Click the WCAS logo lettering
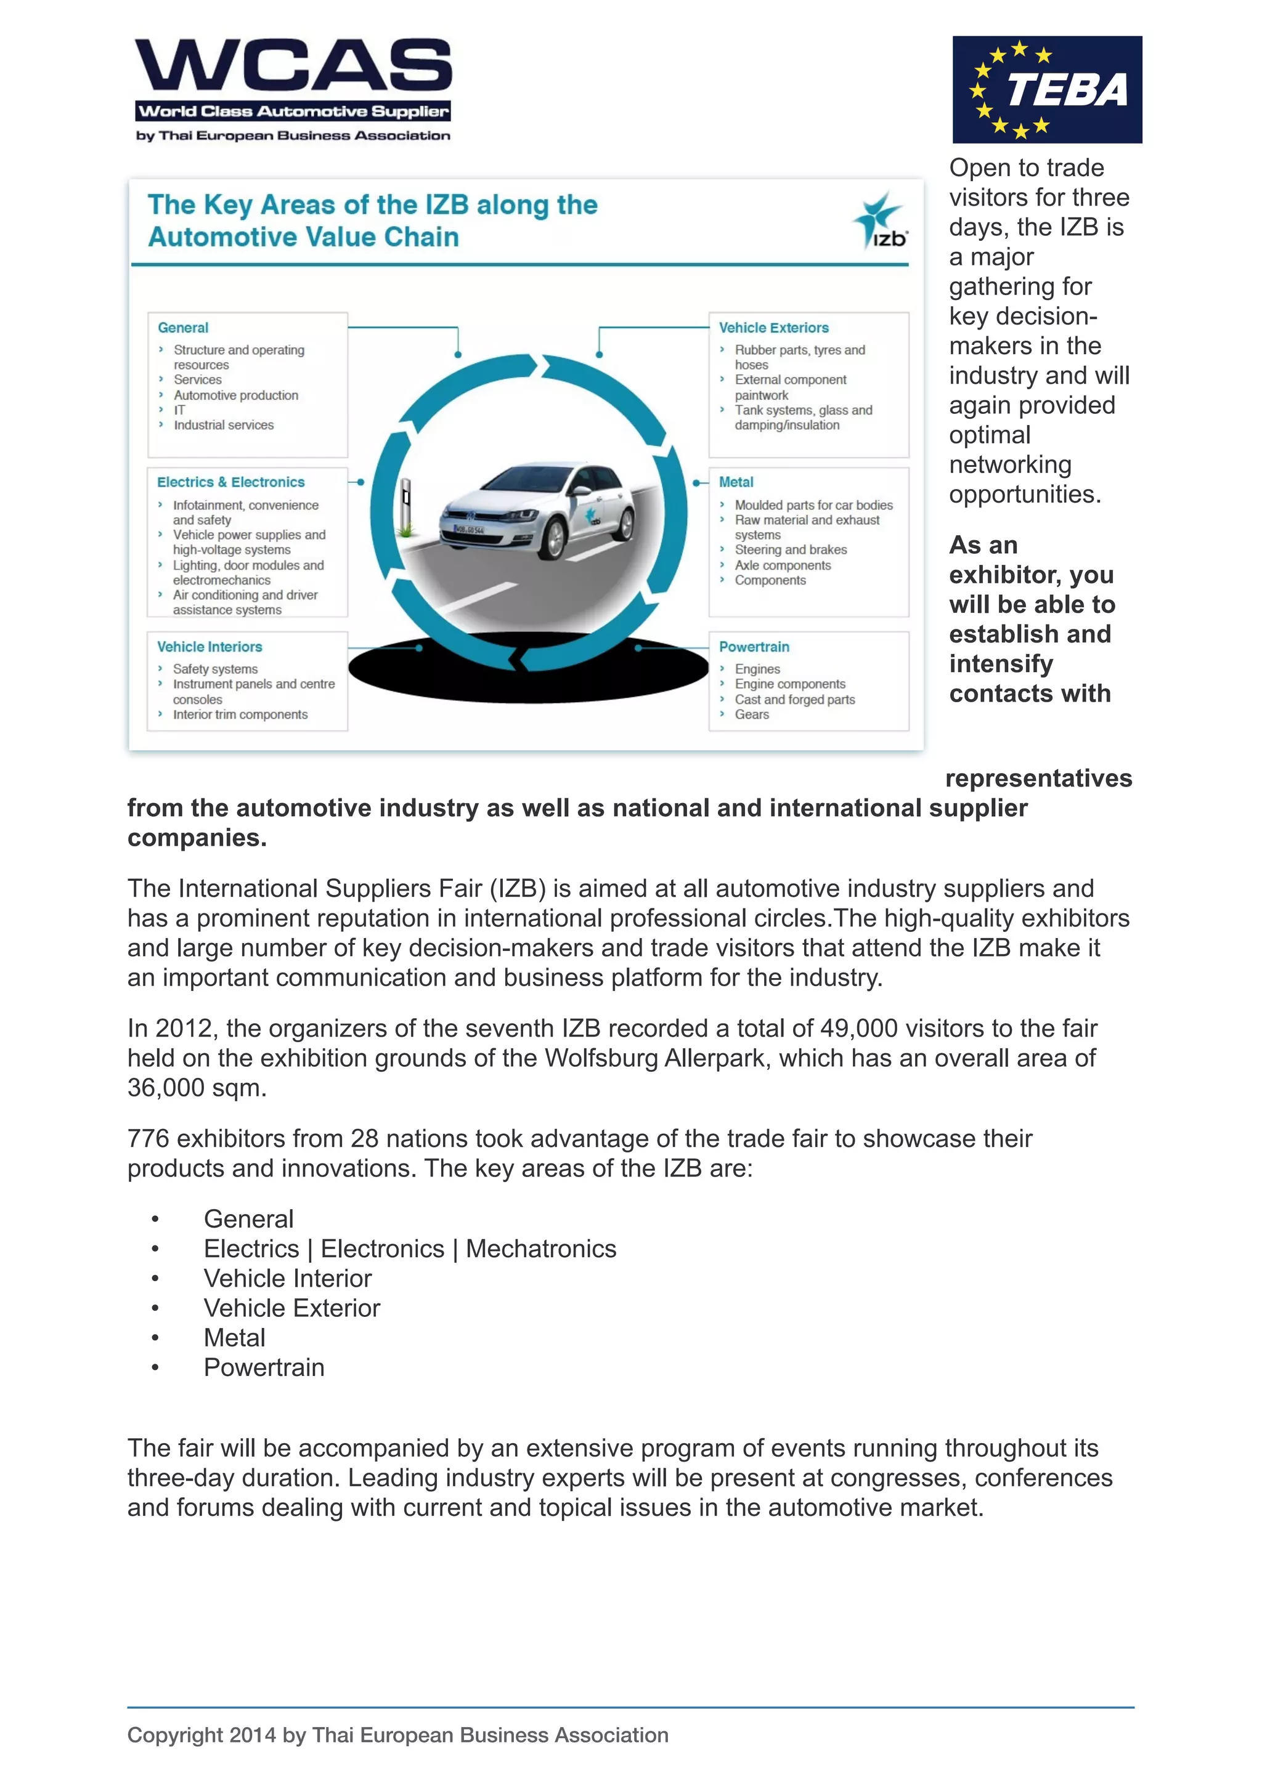[x=293, y=65]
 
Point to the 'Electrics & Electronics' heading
[x=230, y=482]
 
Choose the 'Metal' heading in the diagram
[x=736, y=482]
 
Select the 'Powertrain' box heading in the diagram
[x=754, y=647]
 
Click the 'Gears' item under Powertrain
[x=751, y=714]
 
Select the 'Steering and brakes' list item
[x=790, y=549]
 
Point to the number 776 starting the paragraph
[x=148, y=1139]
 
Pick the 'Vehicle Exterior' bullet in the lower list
[x=291, y=1308]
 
